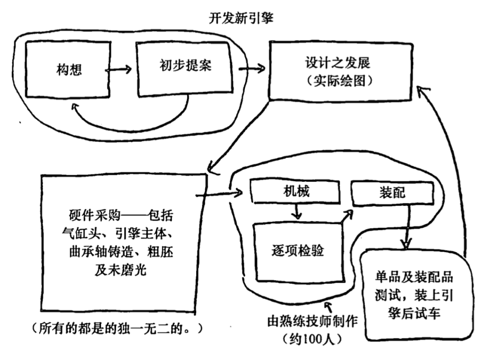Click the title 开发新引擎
pos(240,19)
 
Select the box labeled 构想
pos(68,70)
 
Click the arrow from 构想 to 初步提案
pos(119,69)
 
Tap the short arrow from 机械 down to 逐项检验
pos(296,211)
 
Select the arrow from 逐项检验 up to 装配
pos(347,217)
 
